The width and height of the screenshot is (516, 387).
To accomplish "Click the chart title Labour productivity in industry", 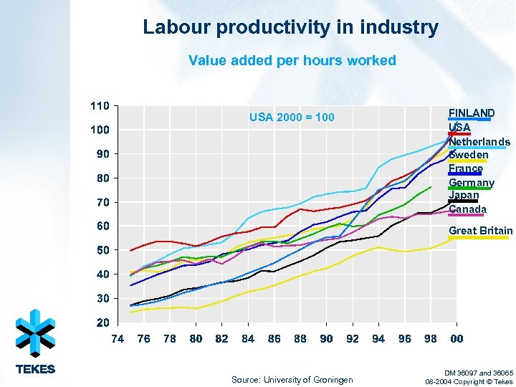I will click(x=290, y=28).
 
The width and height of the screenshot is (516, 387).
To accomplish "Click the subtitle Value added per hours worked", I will click(x=292, y=60).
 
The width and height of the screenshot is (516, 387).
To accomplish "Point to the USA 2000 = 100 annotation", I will click(x=291, y=117).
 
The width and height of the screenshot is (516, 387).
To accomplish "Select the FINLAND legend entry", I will click(x=471, y=113).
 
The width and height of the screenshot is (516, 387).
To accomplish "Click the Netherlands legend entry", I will click(x=479, y=142).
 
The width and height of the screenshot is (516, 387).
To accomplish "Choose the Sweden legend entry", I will click(x=468, y=155).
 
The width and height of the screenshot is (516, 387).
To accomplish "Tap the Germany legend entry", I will click(x=471, y=183).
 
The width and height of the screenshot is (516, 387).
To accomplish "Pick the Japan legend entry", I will click(x=463, y=196).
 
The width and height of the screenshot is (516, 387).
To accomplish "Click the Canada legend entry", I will click(x=467, y=209).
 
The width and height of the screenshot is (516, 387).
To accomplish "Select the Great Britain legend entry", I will click(x=480, y=231).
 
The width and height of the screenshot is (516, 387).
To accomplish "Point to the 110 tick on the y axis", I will click(x=100, y=105).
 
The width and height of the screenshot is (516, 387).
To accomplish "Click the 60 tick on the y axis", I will click(x=103, y=226).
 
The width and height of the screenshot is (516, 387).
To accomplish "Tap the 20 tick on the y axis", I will click(x=103, y=322).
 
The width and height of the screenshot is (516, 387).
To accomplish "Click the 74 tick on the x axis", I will click(x=118, y=339).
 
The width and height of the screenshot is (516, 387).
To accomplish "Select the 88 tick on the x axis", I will click(x=300, y=339).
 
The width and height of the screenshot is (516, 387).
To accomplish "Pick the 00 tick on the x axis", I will click(x=456, y=339).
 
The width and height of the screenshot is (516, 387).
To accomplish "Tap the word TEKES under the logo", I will click(x=35, y=370).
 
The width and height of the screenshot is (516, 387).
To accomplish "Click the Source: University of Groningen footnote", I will click(x=292, y=380).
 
